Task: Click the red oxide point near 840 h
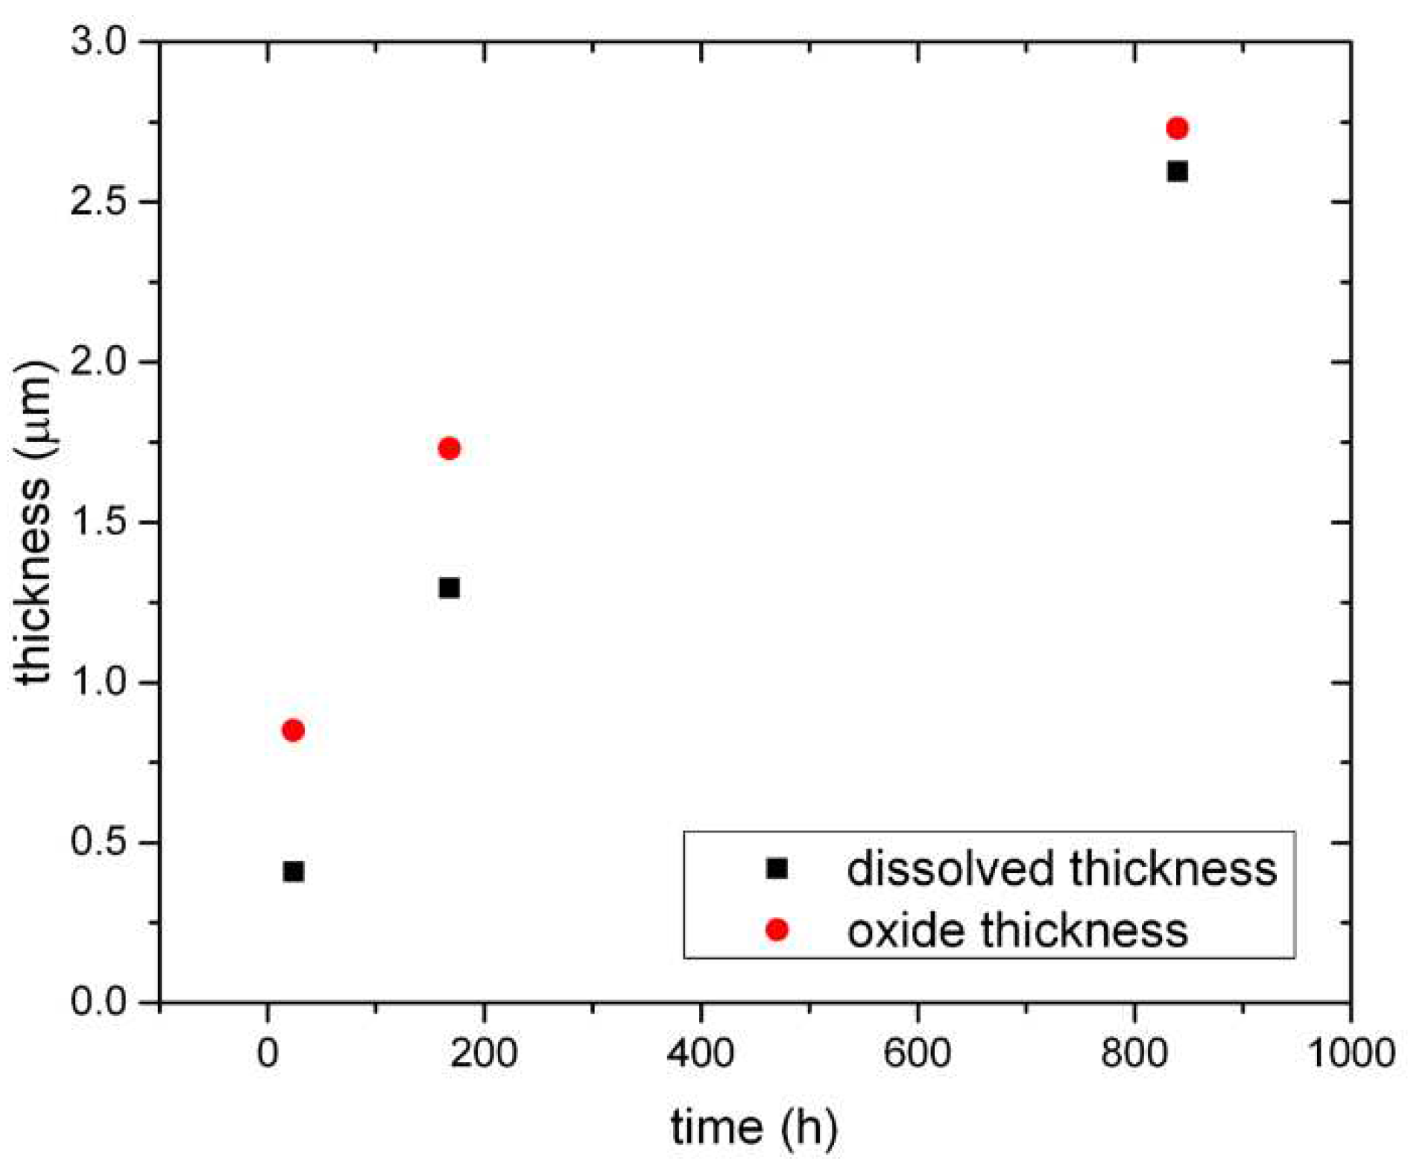pyautogui.click(x=1177, y=128)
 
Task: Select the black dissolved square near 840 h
pyautogui.click(x=1177, y=171)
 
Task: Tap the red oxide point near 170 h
pyautogui.click(x=449, y=448)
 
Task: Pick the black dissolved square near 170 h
pyautogui.click(x=449, y=588)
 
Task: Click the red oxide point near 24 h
pyautogui.click(x=293, y=730)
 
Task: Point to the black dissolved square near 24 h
pyautogui.click(x=293, y=871)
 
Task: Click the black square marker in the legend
pyautogui.click(x=777, y=868)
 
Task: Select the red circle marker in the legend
pyautogui.click(x=777, y=930)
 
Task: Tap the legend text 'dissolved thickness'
pyautogui.click(x=1061, y=868)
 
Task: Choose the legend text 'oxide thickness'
pyautogui.click(x=1017, y=930)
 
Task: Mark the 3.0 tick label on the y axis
pyautogui.click(x=100, y=41)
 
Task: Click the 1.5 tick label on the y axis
pyautogui.click(x=100, y=522)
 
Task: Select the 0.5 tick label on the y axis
pyautogui.click(x=100, y=842)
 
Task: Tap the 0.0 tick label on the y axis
pyautogui.click(x=100, y=1001)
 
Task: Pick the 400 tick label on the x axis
pyautogui.click(x=701, y=1053)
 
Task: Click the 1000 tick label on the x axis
pyautogui.click(x=1350, y=1053)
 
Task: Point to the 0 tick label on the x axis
pyautogui.click(x=268, y=1053)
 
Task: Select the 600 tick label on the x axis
pyautogui.click(x=917, y=1053)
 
